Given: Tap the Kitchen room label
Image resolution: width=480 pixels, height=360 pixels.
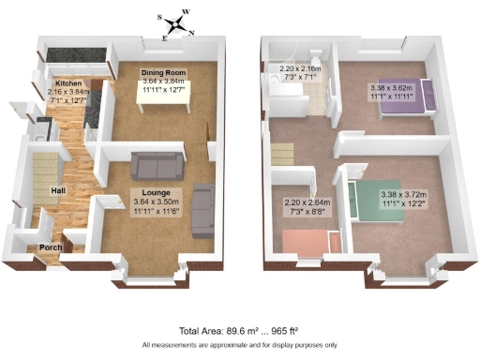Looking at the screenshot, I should pos(67,82).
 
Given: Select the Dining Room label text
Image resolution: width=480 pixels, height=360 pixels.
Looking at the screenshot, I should pos(163,73).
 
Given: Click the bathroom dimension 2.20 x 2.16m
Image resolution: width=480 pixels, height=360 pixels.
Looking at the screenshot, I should pos(300,68).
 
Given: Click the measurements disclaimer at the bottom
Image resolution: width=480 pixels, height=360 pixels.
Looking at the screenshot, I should pos(240,346).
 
